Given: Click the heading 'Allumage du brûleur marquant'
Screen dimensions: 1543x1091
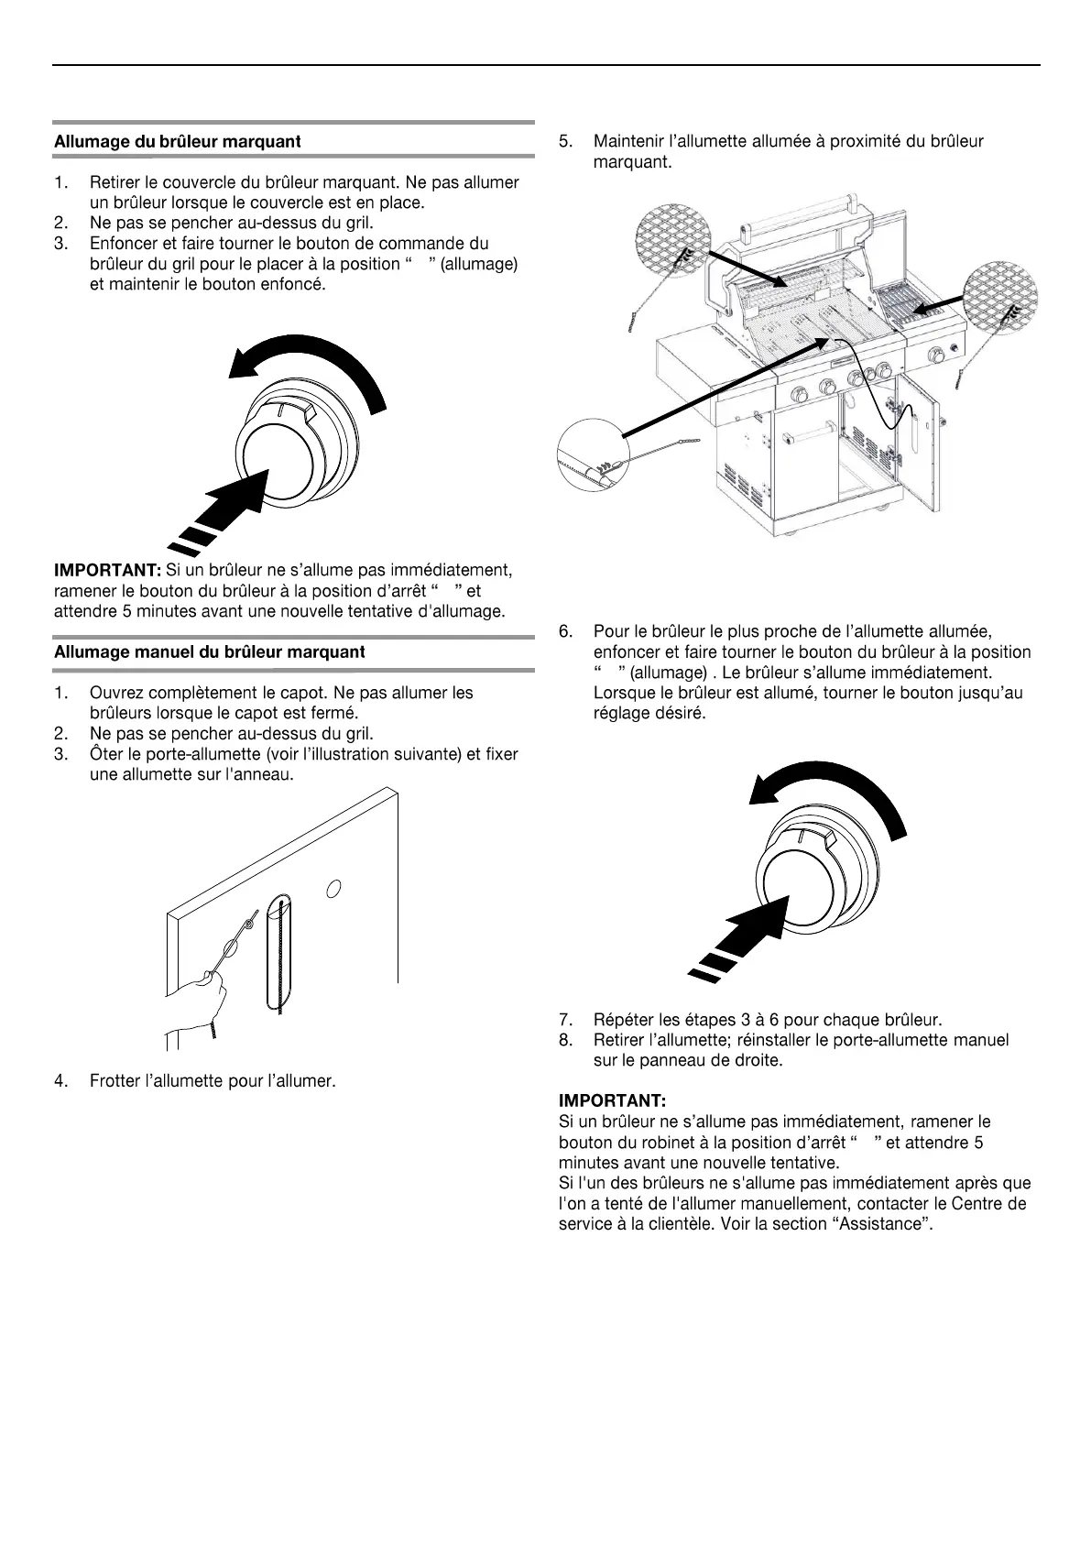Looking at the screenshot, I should [177, 142].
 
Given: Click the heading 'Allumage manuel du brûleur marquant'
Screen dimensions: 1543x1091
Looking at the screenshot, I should [209, 652].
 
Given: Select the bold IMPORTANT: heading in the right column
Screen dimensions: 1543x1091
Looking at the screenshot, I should [612, 1100].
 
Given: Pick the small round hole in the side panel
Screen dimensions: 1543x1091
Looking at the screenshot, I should [334, 888].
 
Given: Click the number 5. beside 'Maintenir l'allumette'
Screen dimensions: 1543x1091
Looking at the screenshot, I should [566, 142].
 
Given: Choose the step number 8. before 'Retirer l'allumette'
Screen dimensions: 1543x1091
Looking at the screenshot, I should [566, 1040].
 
